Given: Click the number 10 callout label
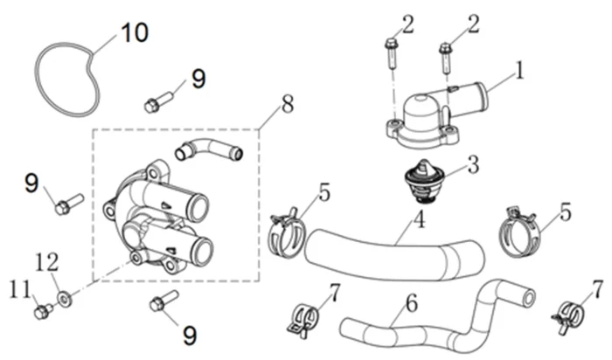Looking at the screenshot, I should [134, 32].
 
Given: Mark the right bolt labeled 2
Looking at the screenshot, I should [446, 53].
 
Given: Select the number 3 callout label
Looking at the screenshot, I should [472, 163].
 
